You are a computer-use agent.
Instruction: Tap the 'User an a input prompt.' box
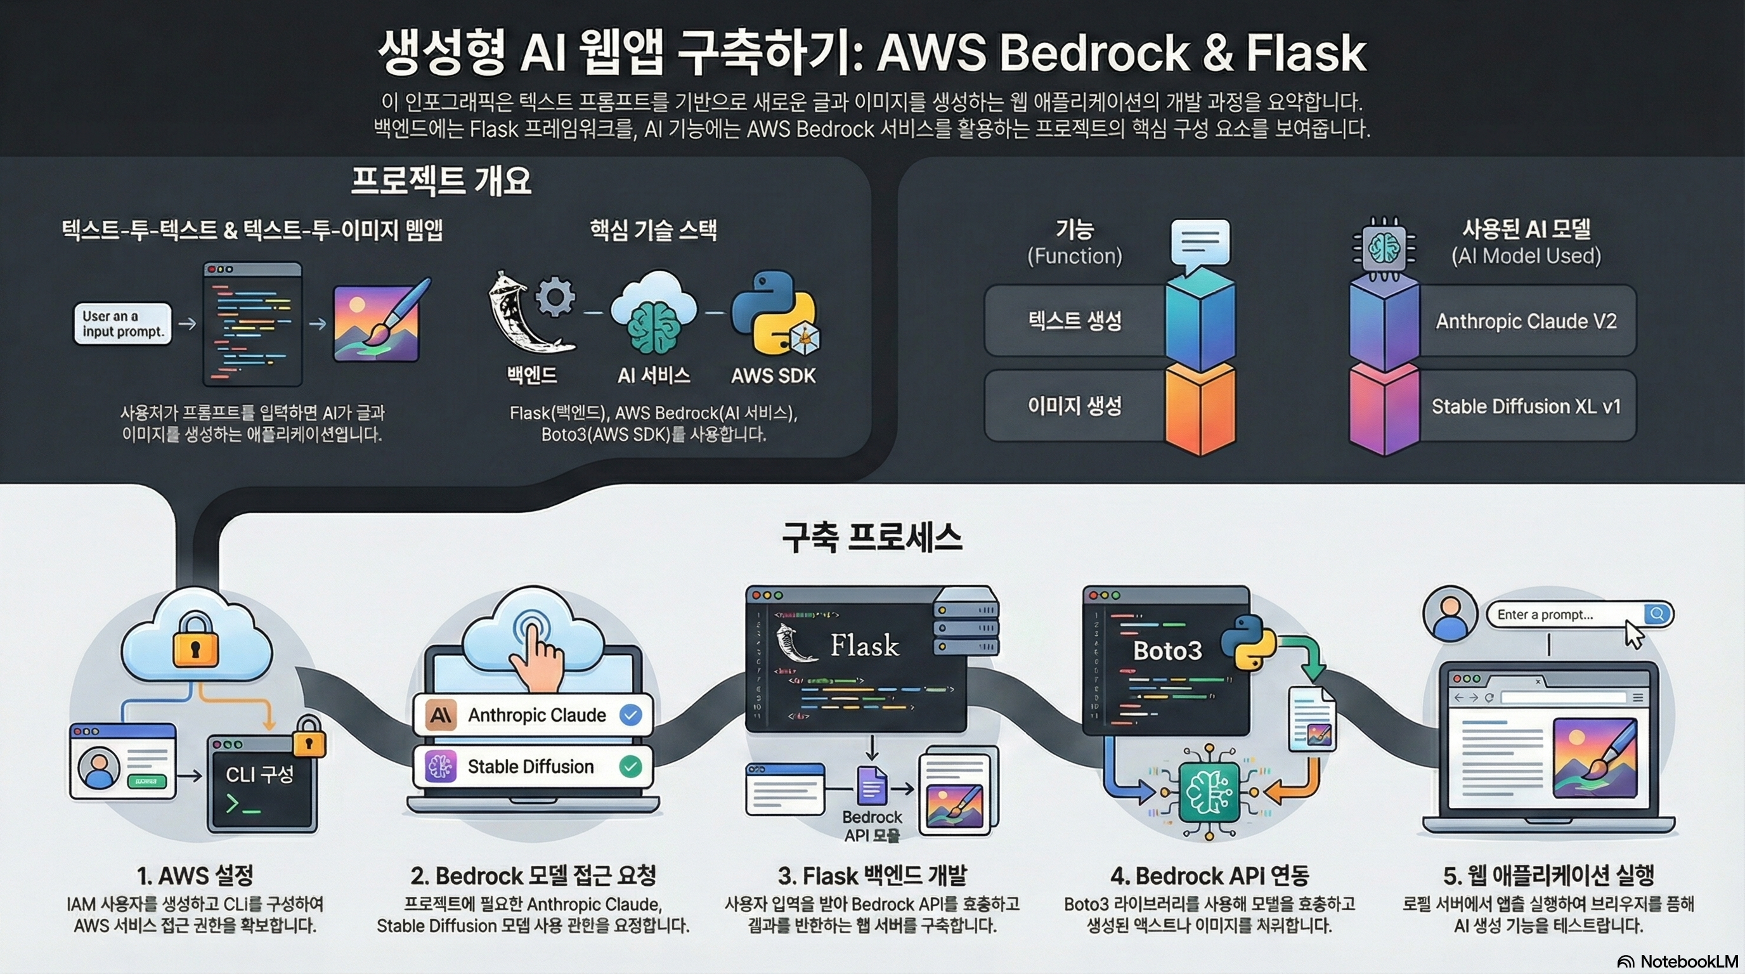[x=122, y=324]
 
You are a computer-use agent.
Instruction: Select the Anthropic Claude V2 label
[x=1526, y=321]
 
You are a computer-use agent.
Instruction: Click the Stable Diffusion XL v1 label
[x=1526, y=406]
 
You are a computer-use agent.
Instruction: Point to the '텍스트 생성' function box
[x=1074, y=320]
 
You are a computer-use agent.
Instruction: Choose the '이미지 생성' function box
[x=1074, y=406]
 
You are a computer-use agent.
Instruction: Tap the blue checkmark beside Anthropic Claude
[x=631, y=715]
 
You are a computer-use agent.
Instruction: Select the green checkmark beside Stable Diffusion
[x=631, y=766]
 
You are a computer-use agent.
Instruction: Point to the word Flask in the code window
[x=864, y=645]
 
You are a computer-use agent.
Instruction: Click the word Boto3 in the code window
[x=1167, y=650]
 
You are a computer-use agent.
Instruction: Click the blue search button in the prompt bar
[x=1656, y=614]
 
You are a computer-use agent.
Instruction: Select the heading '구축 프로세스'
[x=872, y=538]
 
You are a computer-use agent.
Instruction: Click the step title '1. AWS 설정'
[x=195, y=875]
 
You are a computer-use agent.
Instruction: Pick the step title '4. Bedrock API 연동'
[x=1209, y=875]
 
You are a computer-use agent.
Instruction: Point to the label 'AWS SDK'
[x=773, y=376]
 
